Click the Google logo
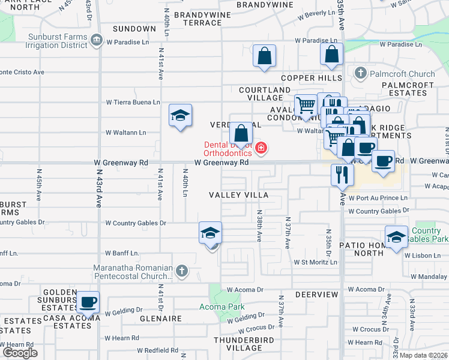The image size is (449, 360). tap(20, 353)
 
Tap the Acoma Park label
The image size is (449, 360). tap(222, 307)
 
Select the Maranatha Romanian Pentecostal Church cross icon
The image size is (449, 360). tap(182, 272)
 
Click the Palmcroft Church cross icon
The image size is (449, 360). tap(361, 74)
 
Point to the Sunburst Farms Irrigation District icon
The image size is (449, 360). tap(96, 40)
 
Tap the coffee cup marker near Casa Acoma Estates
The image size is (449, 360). tap(88, 302)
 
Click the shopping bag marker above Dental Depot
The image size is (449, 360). tap(241, 132)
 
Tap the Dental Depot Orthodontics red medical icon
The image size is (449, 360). tap(261, 148)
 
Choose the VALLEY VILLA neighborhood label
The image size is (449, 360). tap(238, 195)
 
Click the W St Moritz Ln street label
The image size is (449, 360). tap(315, 262)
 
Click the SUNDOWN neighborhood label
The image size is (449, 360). tap(134, 29)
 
